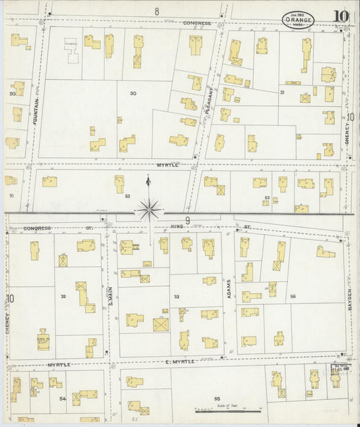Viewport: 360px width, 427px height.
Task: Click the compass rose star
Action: tap(148, 210)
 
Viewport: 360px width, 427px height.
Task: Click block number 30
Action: tap(133, 93)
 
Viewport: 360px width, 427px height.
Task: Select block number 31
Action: tap(282, 92)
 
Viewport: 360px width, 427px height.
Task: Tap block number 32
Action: tap(63, 296)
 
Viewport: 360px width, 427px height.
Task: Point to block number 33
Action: tap(176, 296)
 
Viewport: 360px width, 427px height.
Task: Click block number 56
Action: tap(292, 296)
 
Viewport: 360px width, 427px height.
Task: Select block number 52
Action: tap(127, 196)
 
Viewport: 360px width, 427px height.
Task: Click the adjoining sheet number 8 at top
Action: tap(156, 11)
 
